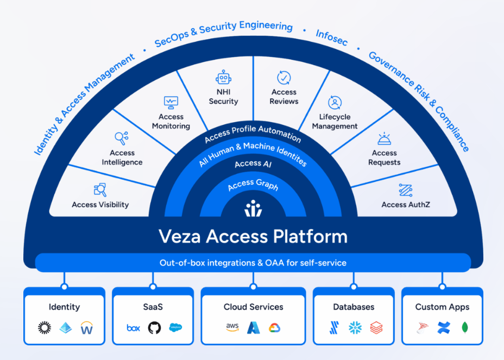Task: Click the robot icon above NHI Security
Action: (223, 78)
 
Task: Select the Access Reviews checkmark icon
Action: (284, 78)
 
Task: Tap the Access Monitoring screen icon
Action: (171, 102)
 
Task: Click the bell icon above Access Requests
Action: (384, 138)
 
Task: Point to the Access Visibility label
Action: (100, 205)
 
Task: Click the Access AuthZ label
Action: (405, 205)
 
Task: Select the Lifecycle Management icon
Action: (335, 102)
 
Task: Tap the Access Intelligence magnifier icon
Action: (122, 138)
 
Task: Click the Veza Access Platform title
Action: (253, 237)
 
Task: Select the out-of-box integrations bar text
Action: (253, 263)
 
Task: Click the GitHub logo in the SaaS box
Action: (154, 327)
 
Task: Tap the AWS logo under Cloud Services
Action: (232, 327)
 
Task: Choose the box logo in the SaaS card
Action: (133, 327)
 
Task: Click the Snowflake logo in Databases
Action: (355, 327)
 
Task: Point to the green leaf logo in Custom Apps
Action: (465, 327)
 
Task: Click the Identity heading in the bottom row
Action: (64, 307)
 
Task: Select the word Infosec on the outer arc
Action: (331, 38)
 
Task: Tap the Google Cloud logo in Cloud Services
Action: (274, 327)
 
